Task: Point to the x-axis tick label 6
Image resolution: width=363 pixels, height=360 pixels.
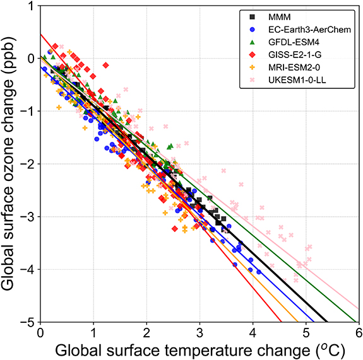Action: pos(359,332)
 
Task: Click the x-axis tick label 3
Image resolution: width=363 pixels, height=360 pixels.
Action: pos(199,332)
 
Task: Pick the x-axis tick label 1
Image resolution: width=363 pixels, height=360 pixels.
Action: pos(93,332)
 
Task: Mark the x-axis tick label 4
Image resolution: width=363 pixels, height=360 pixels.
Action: pos(253,332)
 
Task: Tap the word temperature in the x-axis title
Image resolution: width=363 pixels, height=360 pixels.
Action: pos(198,348)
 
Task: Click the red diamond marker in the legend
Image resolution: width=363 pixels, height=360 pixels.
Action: pos(252,59)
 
